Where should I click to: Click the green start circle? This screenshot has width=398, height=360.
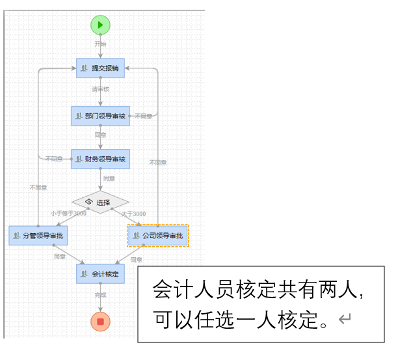(100, 25)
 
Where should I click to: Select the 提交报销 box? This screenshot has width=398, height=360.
(100, 68)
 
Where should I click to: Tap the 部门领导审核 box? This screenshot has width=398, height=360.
(100, 115)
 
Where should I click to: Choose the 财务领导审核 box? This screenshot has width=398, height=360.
(100, 158)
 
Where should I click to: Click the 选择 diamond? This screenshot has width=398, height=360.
(100, 202)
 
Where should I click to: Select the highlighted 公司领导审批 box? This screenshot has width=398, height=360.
(158, 235)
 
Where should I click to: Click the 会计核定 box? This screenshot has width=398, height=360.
(100, 273)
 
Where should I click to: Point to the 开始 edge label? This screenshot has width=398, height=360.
(100, 44)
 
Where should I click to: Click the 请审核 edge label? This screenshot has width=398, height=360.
(100, 89)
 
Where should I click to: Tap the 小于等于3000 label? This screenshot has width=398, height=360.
(69, 214)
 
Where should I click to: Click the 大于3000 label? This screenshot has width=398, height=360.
(135, 214)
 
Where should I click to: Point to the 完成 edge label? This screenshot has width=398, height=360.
(100, 295)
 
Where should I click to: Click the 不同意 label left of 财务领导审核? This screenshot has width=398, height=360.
(54, 158)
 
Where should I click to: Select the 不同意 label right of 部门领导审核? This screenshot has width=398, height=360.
(143, 116)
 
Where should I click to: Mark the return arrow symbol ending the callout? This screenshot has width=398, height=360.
(345, 319)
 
